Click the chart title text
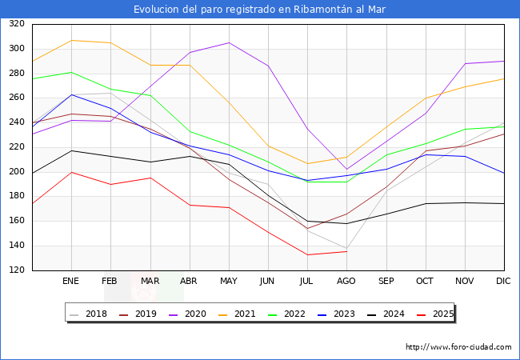[260, 10]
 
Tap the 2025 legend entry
[441, 314]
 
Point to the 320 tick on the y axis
[17, 24]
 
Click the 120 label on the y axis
[17, 270]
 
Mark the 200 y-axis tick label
[17, 172]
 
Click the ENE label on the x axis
[71, 281]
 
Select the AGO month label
[346, 281]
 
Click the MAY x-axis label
[229, 281]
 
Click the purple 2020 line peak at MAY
[229, 42]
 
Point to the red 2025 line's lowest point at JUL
[307, 255]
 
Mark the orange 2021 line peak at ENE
[71, 40]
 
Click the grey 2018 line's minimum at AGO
[346, 249]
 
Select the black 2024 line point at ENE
[71, 150]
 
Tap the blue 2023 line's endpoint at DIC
[504, 173]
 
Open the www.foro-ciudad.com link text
[458, 347]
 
